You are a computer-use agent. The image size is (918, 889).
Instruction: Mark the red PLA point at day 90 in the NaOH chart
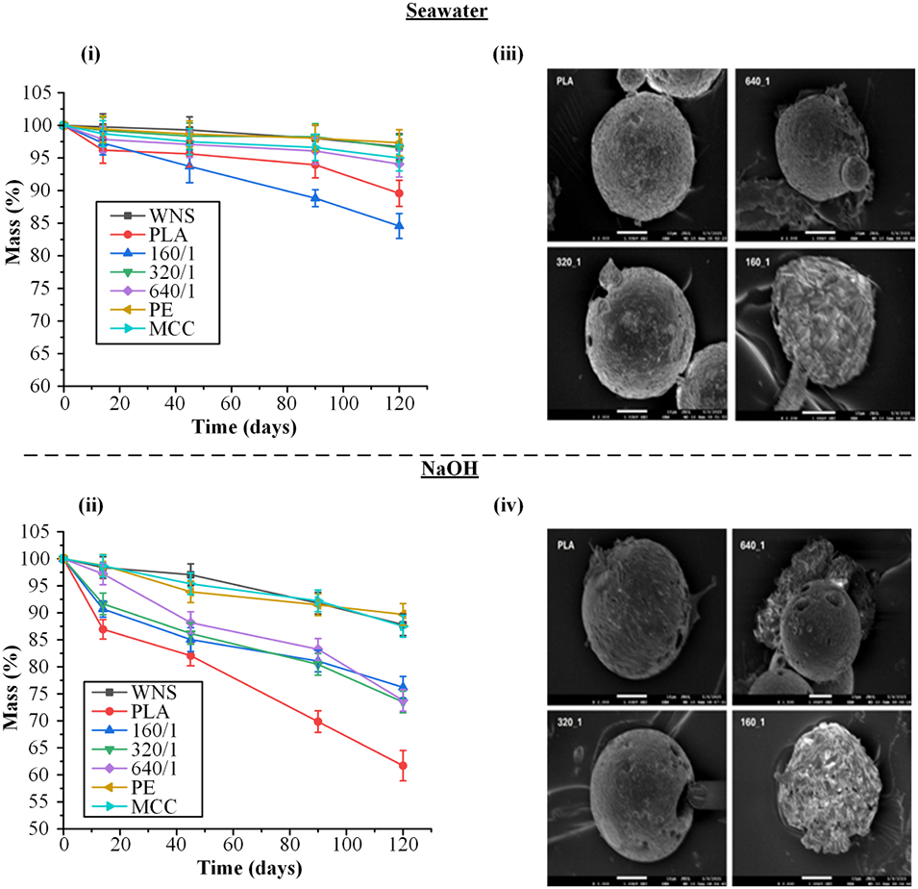318,722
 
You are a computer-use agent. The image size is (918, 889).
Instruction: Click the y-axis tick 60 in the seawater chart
45,387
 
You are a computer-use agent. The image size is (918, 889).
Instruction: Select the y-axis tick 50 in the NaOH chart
45,829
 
